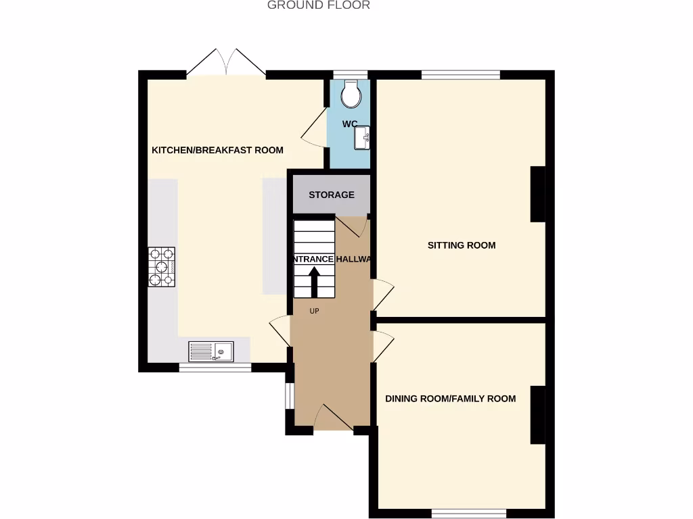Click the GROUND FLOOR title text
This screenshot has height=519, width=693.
(319, 5)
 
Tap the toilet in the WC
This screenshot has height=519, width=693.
(351, 95)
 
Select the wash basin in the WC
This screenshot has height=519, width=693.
(361, 138)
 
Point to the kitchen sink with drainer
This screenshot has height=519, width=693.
(211, 351)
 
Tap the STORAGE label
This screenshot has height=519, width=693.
(332, 195)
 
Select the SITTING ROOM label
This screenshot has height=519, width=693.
(462, 245)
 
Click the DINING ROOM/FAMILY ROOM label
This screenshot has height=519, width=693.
(451, 399)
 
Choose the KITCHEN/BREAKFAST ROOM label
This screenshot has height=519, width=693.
(217, 150)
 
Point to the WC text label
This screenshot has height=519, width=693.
(349, 124)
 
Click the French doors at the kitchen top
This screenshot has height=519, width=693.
(226, 61)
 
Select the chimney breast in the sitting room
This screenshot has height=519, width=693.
(537, 194)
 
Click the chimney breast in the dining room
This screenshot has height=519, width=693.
(537, 415)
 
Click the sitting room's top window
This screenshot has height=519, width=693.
(461, 74)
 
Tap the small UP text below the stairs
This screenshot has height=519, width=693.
(314, 312)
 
